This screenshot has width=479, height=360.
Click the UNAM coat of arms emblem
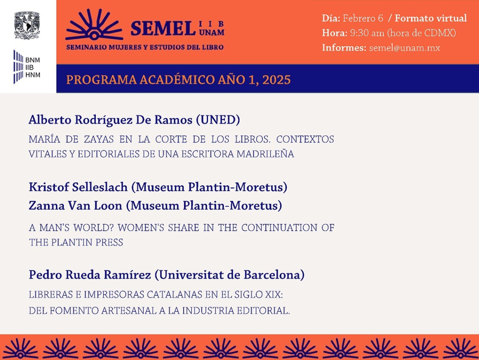tap(27, 25)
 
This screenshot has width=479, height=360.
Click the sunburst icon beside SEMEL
tap(94, 25)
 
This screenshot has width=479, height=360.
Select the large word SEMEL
tap(163, 29)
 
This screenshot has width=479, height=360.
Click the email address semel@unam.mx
tap(405, 48)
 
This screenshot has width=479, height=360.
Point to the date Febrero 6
tap(363, 18)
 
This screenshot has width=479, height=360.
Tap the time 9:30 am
tap(367, 33)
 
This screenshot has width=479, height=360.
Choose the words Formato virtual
tap(431, 18)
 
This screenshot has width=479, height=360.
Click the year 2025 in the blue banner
tap(276, 80)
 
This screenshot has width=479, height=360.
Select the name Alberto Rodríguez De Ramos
tap(111, 120)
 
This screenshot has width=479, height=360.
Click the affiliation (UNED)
tap(218, 120)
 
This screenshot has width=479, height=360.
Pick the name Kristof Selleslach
tap(78, 187)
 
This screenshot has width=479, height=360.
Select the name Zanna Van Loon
tap(76, 205)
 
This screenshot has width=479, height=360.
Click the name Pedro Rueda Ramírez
tap(90, 275)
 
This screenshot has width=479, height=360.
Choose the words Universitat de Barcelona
tap(229, 275)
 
